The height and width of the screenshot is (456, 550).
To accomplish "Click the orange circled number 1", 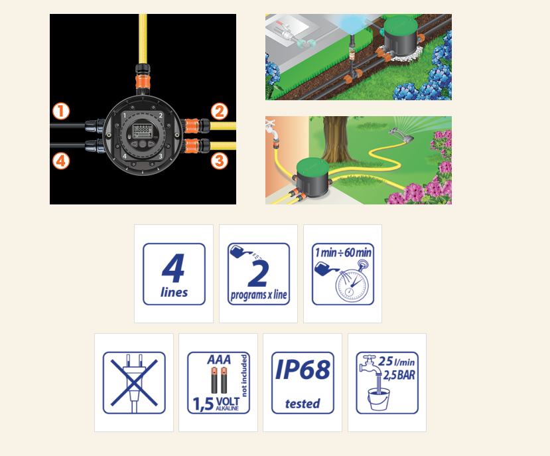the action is pos(61,112).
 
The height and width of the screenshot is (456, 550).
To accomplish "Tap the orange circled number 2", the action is pos(220,112).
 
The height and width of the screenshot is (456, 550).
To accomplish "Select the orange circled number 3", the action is pos(220,161).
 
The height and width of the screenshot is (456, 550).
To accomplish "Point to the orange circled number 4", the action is pos(61,161).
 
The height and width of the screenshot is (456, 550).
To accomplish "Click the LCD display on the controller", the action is pos(142,131).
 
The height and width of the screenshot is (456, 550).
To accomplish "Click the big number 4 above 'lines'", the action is pos(173,268).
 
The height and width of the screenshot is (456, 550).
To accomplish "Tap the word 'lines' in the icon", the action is pos(174,292).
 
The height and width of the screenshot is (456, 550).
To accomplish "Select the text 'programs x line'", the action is pos(259,295).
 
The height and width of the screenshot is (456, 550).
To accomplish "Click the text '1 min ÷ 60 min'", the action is pos(343,252).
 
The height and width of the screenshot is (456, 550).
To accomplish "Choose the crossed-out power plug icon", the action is pos(134,382).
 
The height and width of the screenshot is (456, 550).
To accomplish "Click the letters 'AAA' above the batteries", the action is pos(219,360).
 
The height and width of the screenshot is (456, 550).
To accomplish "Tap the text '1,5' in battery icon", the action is pos(203,404).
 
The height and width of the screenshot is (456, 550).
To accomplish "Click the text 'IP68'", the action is pos(303,370).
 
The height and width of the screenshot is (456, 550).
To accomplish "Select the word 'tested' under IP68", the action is pos(303,404).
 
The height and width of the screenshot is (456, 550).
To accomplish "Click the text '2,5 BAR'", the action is pos(399,375).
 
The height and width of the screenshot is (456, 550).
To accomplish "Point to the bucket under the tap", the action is pos(378,399).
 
